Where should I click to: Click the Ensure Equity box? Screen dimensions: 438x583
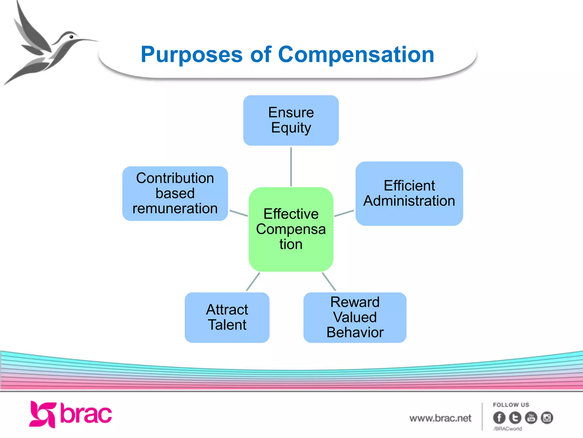pyautogui.click(x=291, y=120)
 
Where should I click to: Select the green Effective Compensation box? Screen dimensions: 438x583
pyautogui.click(x=291, y=229)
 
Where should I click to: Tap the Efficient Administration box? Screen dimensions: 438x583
pyautogui.click(x=409, y=194)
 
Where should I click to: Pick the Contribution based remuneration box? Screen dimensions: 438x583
pyautogui.click(x=175, y=194)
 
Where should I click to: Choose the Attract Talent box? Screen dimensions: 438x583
pyautogui.click(x=227, y=317)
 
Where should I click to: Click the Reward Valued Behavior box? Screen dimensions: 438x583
pyautogui.click(x=355, y=317)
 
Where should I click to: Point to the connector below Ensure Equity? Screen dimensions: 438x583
pyautogui.click(x=291, y=167)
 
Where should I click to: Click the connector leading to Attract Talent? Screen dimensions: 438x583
pyautogui.click(x=253, y=281)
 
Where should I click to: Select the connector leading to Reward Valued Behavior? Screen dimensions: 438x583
pyautogui.click(x=329, y=281)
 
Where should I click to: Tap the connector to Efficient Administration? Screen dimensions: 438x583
pyautogui.click(x=344, y=213)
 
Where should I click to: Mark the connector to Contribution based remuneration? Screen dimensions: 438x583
pyautogui.click(x=239, y=213)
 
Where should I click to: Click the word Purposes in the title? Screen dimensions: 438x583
pyautogui.click(x=192, y=55)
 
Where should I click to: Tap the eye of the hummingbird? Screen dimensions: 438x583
pyautogui.click(x=71, y=37)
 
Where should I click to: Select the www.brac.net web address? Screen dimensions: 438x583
pyautogui.click(x=440, y=418)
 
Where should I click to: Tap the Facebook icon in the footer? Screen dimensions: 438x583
pyautogui.click(x=499, y=418)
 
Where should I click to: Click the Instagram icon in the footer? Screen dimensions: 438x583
pyautogui.click(x=547, y=418)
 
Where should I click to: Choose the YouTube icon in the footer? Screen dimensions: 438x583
pyautogui.click(x=531, y=418)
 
